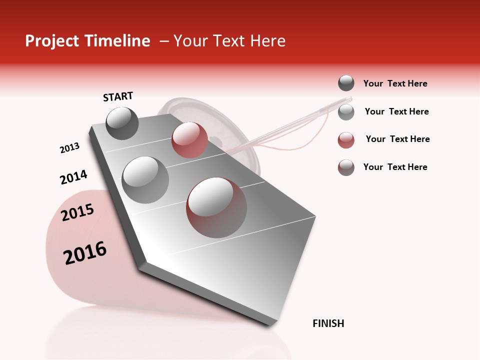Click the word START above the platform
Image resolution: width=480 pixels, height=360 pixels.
(118, 96)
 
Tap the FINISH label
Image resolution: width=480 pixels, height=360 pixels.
(328, 323)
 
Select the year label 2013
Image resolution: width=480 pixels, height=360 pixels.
(69, 148)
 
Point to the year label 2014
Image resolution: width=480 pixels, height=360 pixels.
(73, 177)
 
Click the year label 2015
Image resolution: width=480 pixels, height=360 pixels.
(77, 212)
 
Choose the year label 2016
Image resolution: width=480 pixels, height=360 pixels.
(85, 253)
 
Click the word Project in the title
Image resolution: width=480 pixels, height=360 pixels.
(51, 41)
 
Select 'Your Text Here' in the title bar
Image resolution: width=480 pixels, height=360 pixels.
(229, 41)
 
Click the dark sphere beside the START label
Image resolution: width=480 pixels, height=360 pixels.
(122, 123)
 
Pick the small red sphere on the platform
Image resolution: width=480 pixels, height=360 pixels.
(189, 139)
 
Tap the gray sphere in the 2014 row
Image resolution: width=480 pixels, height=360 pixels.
(145, 179)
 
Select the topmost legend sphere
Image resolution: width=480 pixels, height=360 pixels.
(346, 83)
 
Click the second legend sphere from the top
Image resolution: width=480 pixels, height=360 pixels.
(346, 112)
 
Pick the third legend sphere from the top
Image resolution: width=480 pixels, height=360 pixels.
(346, 140)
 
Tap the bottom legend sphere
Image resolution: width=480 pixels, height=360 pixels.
(346, 167)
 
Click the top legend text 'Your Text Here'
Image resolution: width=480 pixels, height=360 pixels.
(395, 83)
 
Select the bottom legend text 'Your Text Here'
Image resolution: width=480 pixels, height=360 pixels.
(395, 167)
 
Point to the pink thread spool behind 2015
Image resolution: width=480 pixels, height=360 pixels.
(75, 280)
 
